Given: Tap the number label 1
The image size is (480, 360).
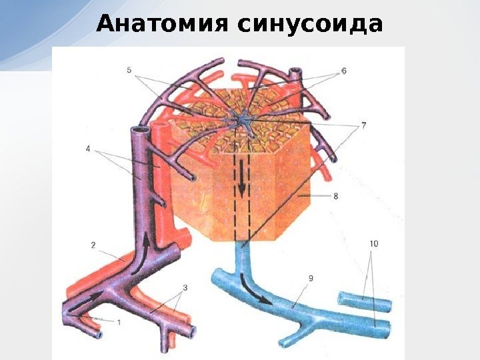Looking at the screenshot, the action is click(119, 323).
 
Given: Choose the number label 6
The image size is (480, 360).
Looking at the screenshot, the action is click(343, 69).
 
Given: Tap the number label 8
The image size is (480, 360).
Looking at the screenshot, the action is click(335, 196).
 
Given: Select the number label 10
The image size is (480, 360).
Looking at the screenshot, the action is click(373, 245).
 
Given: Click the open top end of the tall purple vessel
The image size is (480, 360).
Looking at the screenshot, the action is click(139, 131).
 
